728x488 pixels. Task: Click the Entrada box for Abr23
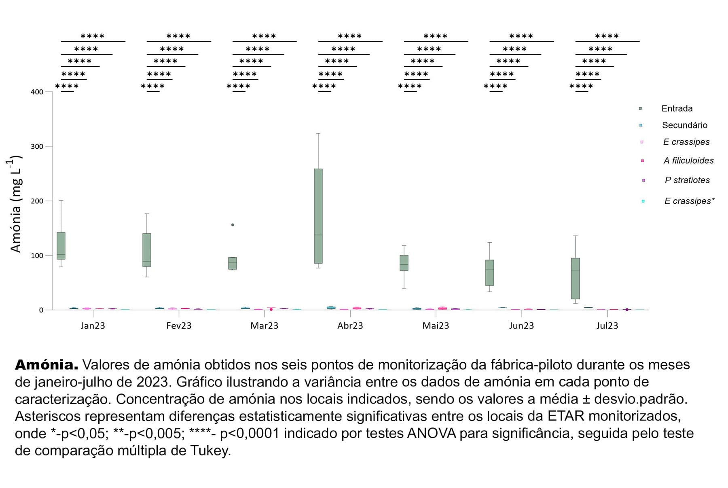coord(318,216)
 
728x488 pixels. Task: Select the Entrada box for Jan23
coord(61,246)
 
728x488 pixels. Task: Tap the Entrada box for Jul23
coord(576,278)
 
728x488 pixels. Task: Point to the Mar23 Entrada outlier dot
coord(233,225)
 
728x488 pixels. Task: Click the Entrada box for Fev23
coord(147,250)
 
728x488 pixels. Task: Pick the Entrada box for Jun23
coord(490,273)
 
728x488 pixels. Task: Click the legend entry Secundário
coord(684,125)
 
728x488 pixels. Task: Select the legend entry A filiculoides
coord(688,161)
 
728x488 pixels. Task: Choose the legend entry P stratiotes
coord(687,180)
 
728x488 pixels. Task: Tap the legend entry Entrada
coord(677,108)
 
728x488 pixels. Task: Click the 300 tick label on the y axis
coord(37,146)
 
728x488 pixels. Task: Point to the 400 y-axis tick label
coord(37,92)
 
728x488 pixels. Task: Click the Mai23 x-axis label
coord(436,326)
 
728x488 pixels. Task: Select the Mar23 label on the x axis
coord(264,326)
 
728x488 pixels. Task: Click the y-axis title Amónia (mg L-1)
coord(15,204)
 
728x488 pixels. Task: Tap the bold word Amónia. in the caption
coord(47,365)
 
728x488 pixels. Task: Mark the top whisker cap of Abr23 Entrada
coord(318,133)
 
